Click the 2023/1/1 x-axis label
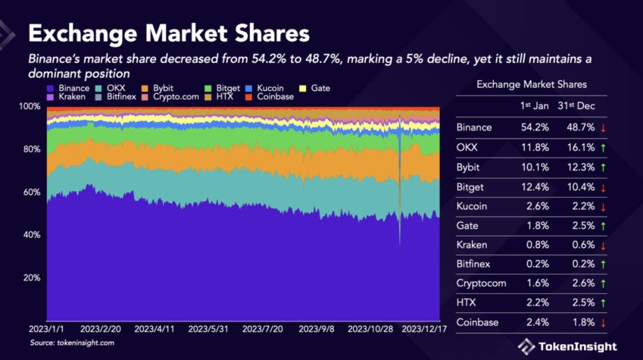point(47,330)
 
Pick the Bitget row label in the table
point(472,186)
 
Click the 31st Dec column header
point(574,105)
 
